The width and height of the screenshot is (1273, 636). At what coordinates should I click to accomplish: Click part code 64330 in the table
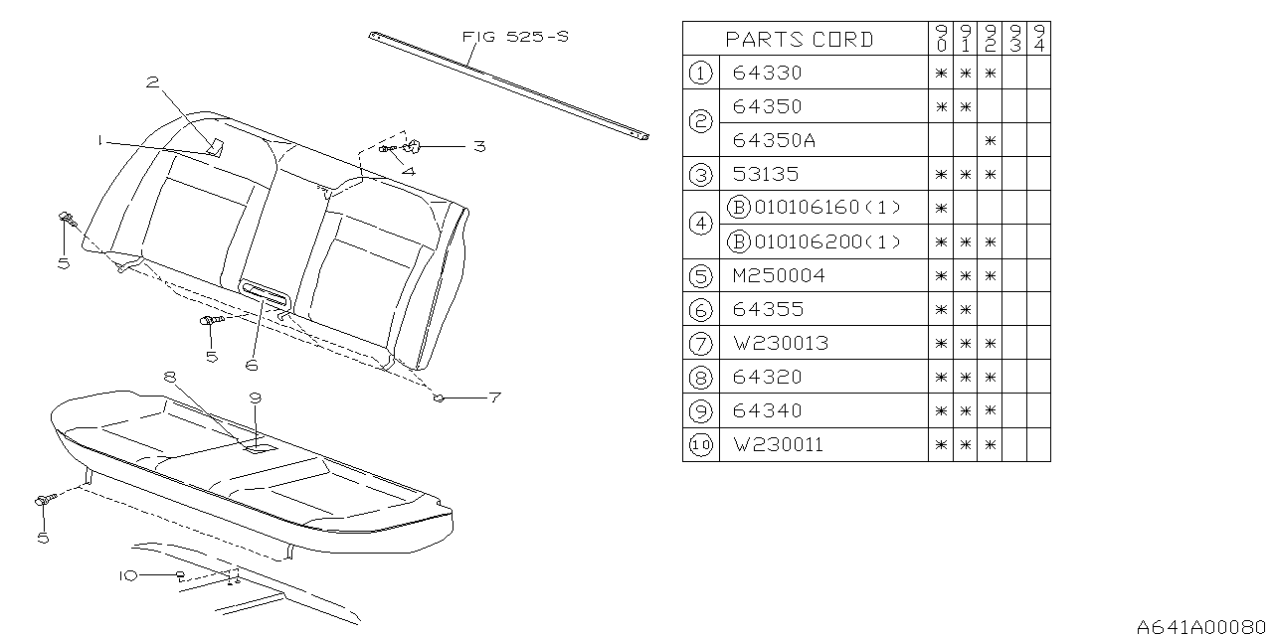pos(767,73)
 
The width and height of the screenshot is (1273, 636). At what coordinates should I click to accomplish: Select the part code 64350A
pos(774,140)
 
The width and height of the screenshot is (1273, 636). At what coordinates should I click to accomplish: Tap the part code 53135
pos(767,174)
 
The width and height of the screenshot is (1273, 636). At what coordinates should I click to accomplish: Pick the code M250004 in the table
pos(779,275)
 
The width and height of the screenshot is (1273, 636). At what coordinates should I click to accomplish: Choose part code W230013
pos(780,343)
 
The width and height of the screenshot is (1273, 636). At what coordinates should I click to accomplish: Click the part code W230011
pos(778,444)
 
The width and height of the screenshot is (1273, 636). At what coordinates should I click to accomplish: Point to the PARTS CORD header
pos(799,40)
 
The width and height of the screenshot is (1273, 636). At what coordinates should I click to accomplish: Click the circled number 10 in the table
pos(700,444)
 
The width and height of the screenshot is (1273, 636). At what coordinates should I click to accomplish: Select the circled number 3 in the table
pos(700,174)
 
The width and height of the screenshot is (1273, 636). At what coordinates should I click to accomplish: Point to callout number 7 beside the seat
pos(493,397)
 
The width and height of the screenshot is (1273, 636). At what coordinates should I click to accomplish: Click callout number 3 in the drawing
pos(479,146)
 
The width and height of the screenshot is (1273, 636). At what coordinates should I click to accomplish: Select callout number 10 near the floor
pos(129,575)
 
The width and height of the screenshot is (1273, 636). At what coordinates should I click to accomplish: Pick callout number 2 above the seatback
pos(152,82)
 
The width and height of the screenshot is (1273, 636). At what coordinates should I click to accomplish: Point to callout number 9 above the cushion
pos(256,397)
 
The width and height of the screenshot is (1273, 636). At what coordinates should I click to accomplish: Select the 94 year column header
pos(1038,40)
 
